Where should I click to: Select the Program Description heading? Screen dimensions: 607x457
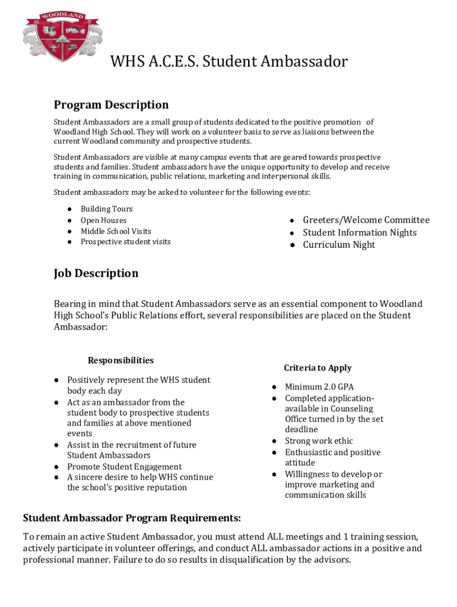tap(111, 105)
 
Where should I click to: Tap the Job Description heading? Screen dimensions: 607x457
tap(96, 273)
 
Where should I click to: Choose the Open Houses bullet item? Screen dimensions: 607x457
tap(103, 221)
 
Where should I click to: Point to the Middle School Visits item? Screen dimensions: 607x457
tap(116, 231)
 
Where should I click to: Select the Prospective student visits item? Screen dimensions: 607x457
tap(125, 242)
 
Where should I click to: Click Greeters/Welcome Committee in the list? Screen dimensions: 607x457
tap(366, 221)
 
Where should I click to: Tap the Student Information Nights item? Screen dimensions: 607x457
tap(360, 233)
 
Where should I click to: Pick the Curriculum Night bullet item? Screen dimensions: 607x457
tap(339, 245)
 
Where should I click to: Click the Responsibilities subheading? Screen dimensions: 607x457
tap(120, 360)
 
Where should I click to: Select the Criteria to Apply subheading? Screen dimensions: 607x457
tap(318, 368)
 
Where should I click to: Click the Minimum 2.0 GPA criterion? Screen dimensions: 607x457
tap(319, 387)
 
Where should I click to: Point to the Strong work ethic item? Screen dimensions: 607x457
tap(319, 441)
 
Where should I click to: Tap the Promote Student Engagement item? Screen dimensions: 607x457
tap(124, 467)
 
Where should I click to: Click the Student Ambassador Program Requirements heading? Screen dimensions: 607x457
tap(132, 518)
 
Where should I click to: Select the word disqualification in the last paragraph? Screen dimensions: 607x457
tap(224, 560)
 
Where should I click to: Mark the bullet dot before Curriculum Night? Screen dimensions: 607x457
tap(293, 245)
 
